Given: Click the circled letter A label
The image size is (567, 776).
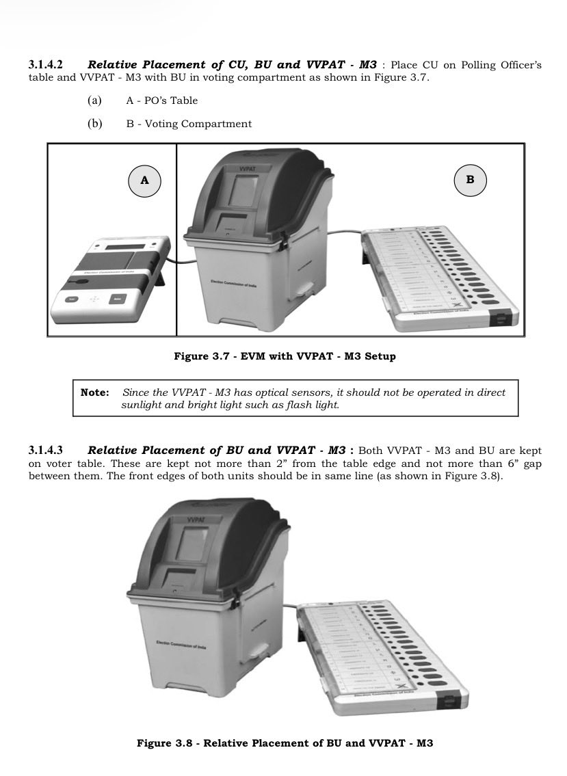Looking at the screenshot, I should point(144,180).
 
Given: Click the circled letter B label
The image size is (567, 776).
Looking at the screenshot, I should point(470,180).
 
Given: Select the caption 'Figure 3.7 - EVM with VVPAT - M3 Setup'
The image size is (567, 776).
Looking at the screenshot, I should point(285,356).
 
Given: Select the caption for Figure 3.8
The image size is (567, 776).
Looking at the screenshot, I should point(285,742).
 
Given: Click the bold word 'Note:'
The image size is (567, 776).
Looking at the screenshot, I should point(94,392).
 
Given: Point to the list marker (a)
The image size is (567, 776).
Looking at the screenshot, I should point(94,101).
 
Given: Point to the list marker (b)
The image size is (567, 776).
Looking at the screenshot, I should point(94,124).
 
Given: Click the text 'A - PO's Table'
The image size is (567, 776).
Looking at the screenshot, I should point(161,101).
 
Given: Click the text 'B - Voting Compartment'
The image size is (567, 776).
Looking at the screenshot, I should point(189,124).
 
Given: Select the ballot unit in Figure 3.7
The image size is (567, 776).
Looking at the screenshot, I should point(438,273).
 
